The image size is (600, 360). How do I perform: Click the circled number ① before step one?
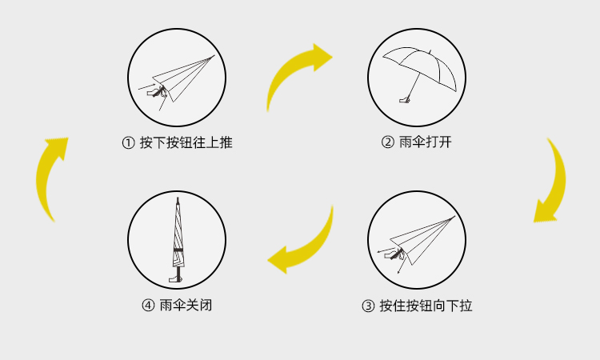pyautogui.click(x=128, y=143)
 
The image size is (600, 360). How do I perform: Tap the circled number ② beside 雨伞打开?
pyautogui.click(x=388, y=142)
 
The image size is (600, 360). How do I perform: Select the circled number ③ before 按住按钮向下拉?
pyautogui.click(x=368, y=306)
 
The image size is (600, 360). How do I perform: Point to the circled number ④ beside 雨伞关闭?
pyautogui.click(x=148, y=306)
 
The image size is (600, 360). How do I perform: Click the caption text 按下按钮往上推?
pyautogui.click(x=186, y=142)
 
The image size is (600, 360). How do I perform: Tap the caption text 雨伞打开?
pyautogui.click(x=425, y=142)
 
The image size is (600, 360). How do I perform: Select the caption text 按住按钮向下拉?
pyautogui.click(x=426, y=306)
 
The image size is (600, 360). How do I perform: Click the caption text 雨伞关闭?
pyautogui.click(x=186, y=306)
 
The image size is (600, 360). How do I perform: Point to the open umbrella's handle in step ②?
pyautogui.click(x=405, y=100)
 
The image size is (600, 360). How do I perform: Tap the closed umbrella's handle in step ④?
pyautogui.click(x=176, y=278)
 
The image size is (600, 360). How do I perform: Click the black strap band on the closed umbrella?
pyautogui.click(x=178, y=250)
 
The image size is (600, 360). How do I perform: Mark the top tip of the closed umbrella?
pyautogui.click(x=178, y=198)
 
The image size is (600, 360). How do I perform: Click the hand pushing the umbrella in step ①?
pyautogui.click(x=157, y=92)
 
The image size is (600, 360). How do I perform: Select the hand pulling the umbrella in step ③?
pyautogui.click(x=395, y=254)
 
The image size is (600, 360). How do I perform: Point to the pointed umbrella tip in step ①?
pyautogui.click(x=214, y=56)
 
